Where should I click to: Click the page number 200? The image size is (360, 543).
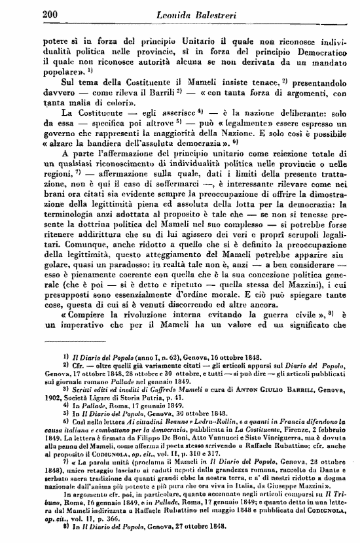click(50, 12)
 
